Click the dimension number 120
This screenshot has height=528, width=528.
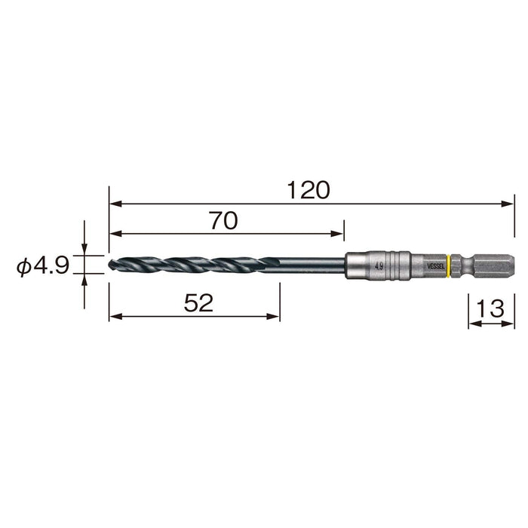tap(309, 190)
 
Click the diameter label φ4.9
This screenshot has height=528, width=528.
tap(44, 266)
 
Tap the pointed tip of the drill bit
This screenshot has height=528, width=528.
tap(112, 265)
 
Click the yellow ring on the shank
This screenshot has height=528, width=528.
tap(450, 265)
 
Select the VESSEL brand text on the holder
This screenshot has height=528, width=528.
tap(437, 266)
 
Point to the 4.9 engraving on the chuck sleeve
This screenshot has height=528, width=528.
tap(378, 266)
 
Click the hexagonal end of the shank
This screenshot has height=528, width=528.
tap(498, 265)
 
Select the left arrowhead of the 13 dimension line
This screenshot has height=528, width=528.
tap(473, 324)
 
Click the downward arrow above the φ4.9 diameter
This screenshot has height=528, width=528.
tap(84, 251)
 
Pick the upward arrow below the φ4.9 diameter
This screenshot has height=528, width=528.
tap(84, 279)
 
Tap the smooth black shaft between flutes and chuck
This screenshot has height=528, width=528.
tap(309, 265)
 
